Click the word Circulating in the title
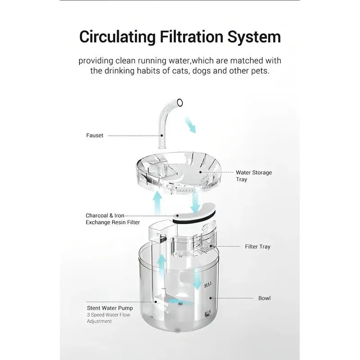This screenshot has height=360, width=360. (117, 37)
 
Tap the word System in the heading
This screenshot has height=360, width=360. (254, 37)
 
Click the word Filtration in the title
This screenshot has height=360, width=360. (192, 37)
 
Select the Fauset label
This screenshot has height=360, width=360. (94, 135)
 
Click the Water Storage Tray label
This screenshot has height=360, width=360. (254, 176)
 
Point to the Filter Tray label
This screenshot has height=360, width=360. (257, 247)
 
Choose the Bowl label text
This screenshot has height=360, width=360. (265, 298)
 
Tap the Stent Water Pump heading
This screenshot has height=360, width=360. (110, 308)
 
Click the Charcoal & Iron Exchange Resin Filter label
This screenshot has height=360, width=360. (113, 219)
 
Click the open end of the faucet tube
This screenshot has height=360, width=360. (180, 103)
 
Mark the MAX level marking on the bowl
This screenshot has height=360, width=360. (208, 285)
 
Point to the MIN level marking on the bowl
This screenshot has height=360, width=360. (207, 313)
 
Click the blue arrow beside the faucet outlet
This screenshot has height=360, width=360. (190, 125)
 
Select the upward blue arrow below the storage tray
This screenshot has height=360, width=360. (157, 203)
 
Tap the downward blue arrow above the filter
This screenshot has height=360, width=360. (195, 202)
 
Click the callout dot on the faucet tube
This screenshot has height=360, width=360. (162, 136)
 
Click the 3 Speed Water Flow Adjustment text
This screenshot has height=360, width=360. (108, 318)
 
